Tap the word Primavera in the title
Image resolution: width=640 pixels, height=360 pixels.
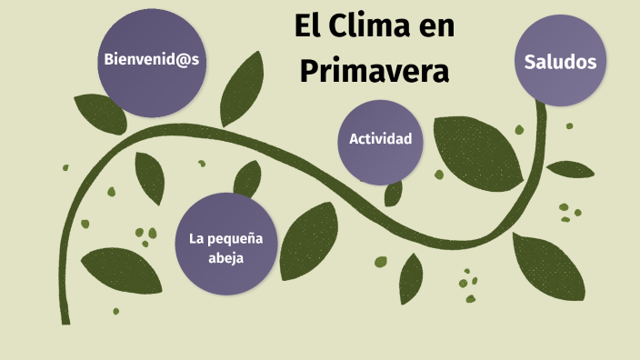pos(375,70)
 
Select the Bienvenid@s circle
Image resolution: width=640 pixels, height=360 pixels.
pos(151,61)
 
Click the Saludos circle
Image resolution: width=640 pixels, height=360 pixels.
pos(560,62)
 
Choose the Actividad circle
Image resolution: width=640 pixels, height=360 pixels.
pos(380,140)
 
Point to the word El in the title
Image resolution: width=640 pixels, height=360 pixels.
pos(306,27)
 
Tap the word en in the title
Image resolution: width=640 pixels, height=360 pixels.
pos(435,28)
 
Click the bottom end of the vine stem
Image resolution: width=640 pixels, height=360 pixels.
pos(65,319)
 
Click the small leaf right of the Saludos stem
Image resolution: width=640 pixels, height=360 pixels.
pos(570,169)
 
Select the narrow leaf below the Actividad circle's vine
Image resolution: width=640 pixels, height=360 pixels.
pos(411,277)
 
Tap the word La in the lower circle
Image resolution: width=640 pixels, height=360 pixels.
pos(195,238)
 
